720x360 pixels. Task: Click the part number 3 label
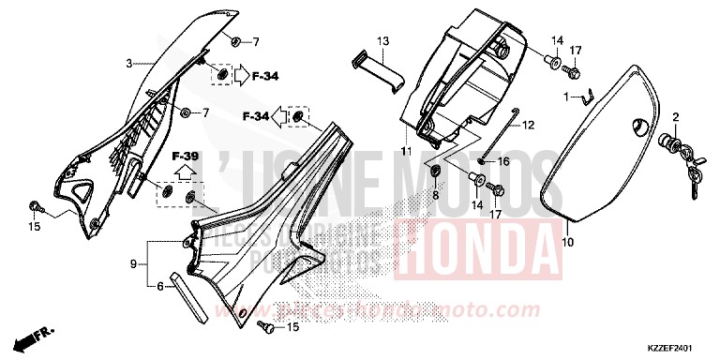(x=130, y=64)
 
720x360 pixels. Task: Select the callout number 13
(x=382, y=42)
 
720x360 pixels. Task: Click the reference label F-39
(x=184, y=156)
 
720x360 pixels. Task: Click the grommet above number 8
(x=436, y=172)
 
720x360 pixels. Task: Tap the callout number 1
(x=565, y=97)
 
